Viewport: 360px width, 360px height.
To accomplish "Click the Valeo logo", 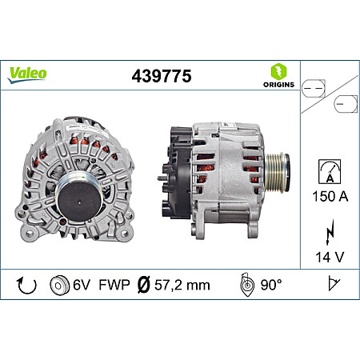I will coord(28,73).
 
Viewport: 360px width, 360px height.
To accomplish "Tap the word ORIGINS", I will coord(278,84).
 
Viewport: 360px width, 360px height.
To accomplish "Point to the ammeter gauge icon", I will coord(329,170).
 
